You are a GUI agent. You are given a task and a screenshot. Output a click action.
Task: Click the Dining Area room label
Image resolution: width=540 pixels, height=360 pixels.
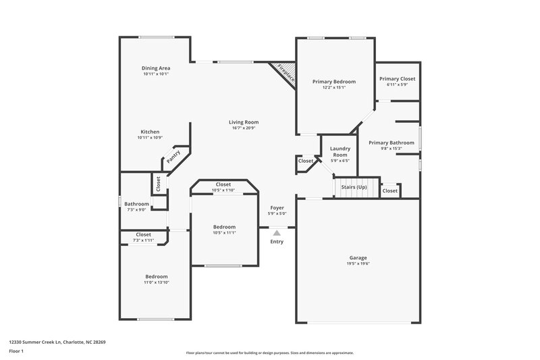(x=155, y=68)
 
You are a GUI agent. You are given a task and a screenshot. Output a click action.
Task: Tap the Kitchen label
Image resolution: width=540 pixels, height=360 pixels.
(x=150, y=132)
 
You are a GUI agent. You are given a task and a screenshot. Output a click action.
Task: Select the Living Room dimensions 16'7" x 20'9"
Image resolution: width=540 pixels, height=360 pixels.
(x=244, y=128)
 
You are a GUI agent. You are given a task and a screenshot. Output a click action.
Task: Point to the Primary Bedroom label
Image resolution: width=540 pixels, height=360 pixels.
(x=333, y=81)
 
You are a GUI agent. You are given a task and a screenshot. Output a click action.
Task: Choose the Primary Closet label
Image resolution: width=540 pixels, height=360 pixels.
(x=396, y=78)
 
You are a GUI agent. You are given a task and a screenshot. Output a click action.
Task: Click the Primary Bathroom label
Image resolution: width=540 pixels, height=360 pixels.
(x=391, y=143)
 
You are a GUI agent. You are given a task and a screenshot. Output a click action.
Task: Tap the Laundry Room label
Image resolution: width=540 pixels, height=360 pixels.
(x=339, y=152)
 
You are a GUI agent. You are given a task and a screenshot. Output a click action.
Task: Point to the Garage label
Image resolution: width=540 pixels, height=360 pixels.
(x=358, y=257)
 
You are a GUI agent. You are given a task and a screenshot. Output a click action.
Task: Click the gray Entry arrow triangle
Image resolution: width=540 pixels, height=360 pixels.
(x=277, y=232)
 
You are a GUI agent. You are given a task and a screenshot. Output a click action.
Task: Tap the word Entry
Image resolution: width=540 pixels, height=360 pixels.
(x=277, y=242)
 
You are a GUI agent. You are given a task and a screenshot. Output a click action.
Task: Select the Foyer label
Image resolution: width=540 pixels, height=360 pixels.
(x=277, y=207)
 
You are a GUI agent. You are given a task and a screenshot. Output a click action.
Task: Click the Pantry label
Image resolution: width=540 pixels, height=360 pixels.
(x=173, y=157)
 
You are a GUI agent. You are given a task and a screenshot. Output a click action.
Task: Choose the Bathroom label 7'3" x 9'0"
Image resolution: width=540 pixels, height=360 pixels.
(x=136, y=203)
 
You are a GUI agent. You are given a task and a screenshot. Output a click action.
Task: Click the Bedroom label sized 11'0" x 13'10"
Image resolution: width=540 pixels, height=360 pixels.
(x=157, y=276)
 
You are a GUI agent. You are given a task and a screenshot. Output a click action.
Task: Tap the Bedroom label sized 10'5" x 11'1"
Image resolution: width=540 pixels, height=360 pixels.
(x=224, y=226)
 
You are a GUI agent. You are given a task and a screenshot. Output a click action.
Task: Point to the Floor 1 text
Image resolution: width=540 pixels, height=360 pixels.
(x=16, y=351)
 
